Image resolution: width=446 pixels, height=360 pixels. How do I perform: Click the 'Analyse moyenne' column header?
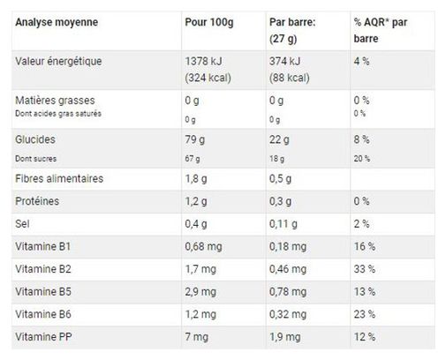(57, 22)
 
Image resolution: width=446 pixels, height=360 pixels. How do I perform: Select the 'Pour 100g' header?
(209, 22)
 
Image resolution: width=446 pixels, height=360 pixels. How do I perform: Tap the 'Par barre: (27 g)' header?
(292, 30)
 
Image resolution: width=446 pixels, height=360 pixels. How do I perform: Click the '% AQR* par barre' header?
(381, 30)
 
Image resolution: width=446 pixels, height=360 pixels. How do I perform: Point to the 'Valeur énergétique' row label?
(58, 62)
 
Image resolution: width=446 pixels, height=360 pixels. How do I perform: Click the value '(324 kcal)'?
(208, 78)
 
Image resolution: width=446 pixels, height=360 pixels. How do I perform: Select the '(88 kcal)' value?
(290, 78)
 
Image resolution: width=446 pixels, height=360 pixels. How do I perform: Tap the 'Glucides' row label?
(35, 139)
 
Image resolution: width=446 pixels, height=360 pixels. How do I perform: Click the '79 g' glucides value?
(195, 139)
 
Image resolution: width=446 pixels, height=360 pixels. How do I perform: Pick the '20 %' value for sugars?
(362, 159)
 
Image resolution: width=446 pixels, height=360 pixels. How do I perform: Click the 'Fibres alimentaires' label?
(59, 178)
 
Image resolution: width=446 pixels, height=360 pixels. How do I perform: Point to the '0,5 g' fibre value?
(280, 179)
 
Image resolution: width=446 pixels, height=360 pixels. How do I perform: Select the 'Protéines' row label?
(37, 201)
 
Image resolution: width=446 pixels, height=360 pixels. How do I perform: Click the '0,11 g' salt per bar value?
(283, 224)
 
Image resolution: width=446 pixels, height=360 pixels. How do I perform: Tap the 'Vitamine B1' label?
(43, 246)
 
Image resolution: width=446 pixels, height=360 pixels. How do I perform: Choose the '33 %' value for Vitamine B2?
(365, 269)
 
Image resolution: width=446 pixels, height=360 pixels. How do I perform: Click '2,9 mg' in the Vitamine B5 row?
(200, 292)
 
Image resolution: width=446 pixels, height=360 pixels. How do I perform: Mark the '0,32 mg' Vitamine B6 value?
(288, 314)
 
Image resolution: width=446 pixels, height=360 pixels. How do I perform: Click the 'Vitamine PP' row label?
(43, 337)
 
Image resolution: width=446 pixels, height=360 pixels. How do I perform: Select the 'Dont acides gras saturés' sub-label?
(58, 114)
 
